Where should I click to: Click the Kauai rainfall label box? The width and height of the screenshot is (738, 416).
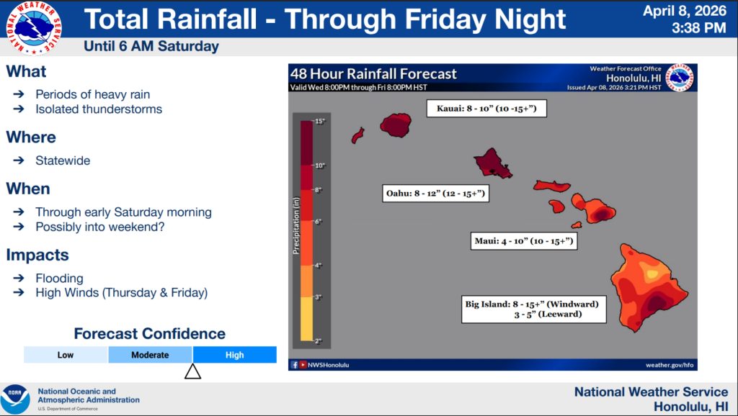(486, 109)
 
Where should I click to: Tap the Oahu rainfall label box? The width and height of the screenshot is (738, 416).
(435, 194)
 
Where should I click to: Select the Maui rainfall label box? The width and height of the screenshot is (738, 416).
(524, 241)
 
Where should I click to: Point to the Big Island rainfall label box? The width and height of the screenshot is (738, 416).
(534, 309)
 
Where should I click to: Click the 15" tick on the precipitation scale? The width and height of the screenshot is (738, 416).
(319, 122)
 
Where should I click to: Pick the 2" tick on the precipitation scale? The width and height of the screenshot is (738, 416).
(318, 341)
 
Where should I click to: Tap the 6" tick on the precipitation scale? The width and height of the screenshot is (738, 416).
(318, 222)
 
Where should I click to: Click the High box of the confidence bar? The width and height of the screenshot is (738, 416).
(234, 355)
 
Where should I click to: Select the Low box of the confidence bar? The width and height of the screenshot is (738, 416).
(66, 355)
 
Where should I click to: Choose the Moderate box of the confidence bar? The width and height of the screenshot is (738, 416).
(150, 355)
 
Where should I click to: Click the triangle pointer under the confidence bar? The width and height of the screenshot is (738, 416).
(193, 372)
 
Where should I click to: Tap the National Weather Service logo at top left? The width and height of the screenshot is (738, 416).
(33, 28)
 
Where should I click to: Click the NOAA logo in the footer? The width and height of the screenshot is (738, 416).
(15, 399)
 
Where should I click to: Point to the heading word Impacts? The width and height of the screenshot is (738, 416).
(37, 256)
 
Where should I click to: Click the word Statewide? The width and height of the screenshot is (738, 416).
(63, 160)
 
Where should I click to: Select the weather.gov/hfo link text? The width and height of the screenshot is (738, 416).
(670, 365)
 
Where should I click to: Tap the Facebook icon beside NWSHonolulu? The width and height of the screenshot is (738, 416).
(294, 365)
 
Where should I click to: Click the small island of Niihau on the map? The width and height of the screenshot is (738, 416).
(357, 135)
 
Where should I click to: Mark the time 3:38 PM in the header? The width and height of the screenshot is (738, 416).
(699, 28)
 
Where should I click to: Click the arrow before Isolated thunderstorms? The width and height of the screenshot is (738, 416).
(19, 109)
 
